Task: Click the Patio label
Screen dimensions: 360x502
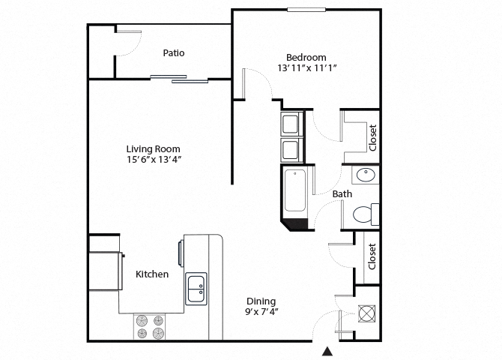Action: [x=174, y=53]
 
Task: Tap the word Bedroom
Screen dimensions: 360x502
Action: [x=306, y=57]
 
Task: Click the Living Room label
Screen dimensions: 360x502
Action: [x=153, y=148]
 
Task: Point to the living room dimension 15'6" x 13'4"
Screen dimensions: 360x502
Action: [x=153, y=160]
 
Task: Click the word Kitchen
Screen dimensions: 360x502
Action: [x=151, y=274]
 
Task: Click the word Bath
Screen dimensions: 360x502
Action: [x=342, y=194]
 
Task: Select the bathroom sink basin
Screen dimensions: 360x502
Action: [x=366, y=175]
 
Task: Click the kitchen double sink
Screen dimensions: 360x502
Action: [x=197, y=288]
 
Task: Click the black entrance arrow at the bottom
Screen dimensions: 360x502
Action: [x=327, y=351]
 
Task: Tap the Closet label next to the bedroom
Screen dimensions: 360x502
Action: [x=372, y=136]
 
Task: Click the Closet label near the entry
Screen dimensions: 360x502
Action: [x=372, y=256]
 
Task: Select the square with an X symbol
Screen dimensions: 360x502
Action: [x=368, y=313]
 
